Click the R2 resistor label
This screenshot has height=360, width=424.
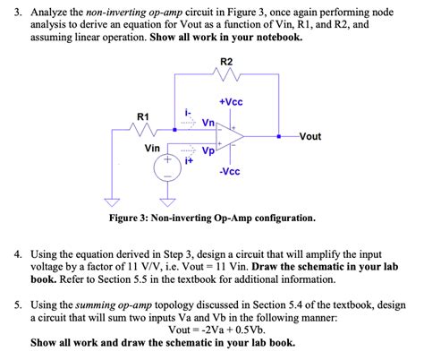pyautogui.click(x=225, y=61)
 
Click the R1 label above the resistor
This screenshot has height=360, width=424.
pyautogui.click(x=143, y=116)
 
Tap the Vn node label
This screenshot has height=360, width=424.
pyautogui.click(x=208, y=124)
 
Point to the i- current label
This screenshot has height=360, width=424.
pyautogui.click(x=188, y=112)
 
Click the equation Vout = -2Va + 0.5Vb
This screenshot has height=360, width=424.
pyautogui.click(x=213, y=329)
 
